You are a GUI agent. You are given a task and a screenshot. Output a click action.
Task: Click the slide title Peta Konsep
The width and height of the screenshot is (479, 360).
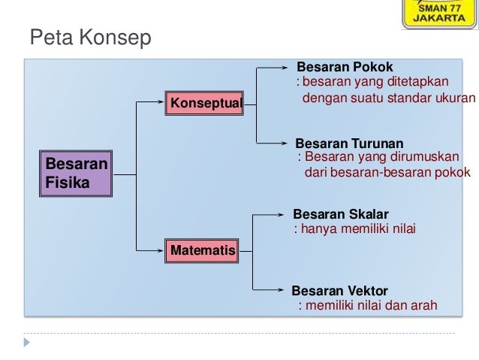[x=90, y=37]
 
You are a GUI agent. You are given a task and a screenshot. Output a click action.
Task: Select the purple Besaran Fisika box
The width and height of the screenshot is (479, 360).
[x=76, y=173]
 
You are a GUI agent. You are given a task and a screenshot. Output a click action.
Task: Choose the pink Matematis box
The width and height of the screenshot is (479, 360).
[x=201, y=250]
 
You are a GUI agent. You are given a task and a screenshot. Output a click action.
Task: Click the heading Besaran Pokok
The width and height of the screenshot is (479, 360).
[x=345, y=68]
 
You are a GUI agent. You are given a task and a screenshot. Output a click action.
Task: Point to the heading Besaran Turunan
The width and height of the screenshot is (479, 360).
[x=349, y=143]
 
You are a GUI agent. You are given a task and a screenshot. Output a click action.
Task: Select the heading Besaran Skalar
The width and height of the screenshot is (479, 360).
[x=341, y=214]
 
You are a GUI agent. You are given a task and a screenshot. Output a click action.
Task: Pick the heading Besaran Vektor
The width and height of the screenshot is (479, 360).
[x=340, y=290]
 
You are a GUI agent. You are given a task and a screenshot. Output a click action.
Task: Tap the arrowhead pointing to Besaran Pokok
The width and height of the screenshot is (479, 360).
[x=293, y=68]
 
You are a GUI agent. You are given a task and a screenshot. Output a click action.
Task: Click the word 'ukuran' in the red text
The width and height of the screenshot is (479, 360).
[x=456, y=98]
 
